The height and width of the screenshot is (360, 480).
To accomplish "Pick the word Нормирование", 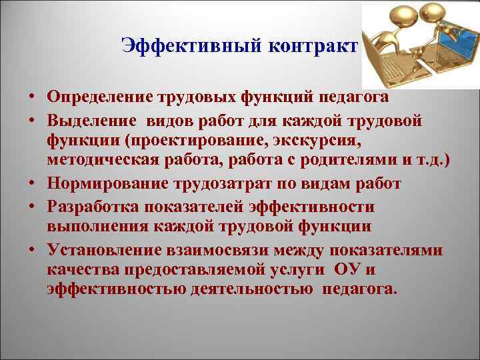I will pos(98,183).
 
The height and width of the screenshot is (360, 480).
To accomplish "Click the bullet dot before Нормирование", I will pos(32,183).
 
